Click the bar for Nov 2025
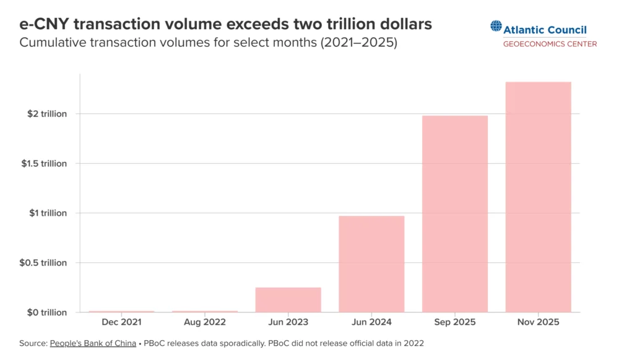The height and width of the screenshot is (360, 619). [538, 197]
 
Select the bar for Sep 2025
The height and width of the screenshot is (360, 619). [454, 213]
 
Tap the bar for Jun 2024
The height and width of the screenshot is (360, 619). [371, 264]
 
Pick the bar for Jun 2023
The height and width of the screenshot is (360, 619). [288, 299]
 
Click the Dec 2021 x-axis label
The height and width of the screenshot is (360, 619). [121, 322]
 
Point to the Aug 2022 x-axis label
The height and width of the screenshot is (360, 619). [205, 322]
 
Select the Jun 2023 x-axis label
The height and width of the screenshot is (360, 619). [288, 322]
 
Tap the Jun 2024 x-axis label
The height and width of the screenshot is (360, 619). [371, 322]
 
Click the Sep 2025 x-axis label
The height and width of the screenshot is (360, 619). [454, 322]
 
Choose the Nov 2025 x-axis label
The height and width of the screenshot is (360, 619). [538, 322]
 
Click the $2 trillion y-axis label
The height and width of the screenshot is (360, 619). [46, 114]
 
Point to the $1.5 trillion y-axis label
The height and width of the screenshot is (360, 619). [43, 163]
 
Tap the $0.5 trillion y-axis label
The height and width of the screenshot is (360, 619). [43, 262]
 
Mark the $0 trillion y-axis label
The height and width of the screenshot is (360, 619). [46, 312]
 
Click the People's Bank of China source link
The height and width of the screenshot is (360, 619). [93, 343]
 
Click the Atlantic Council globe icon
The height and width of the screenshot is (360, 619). [496, 26]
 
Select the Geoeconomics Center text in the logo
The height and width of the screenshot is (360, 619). [550, 44]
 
